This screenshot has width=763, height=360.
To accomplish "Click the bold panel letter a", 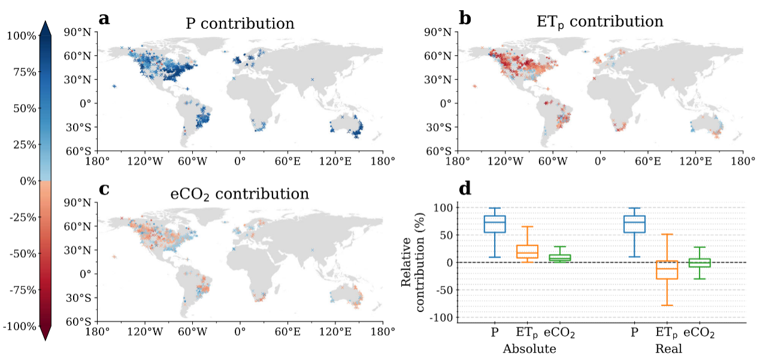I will [x=105, y=19].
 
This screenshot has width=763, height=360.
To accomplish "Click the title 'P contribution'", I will [x=239, y=24].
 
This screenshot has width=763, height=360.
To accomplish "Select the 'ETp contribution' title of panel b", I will [x=599, y=22].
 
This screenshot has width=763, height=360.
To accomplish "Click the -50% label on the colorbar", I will [x=22, y=253].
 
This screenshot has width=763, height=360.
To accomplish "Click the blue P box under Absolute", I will [x=495, y=224].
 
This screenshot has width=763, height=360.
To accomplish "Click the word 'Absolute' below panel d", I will [x=529, y=349].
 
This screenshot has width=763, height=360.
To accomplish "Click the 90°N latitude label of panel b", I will [x=440, y=31].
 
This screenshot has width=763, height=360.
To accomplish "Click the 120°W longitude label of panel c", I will [x=144, y=331].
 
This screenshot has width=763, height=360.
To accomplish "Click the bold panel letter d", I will [x=465, y=189].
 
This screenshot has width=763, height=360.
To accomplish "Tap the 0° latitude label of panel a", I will [x=84, y=103].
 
